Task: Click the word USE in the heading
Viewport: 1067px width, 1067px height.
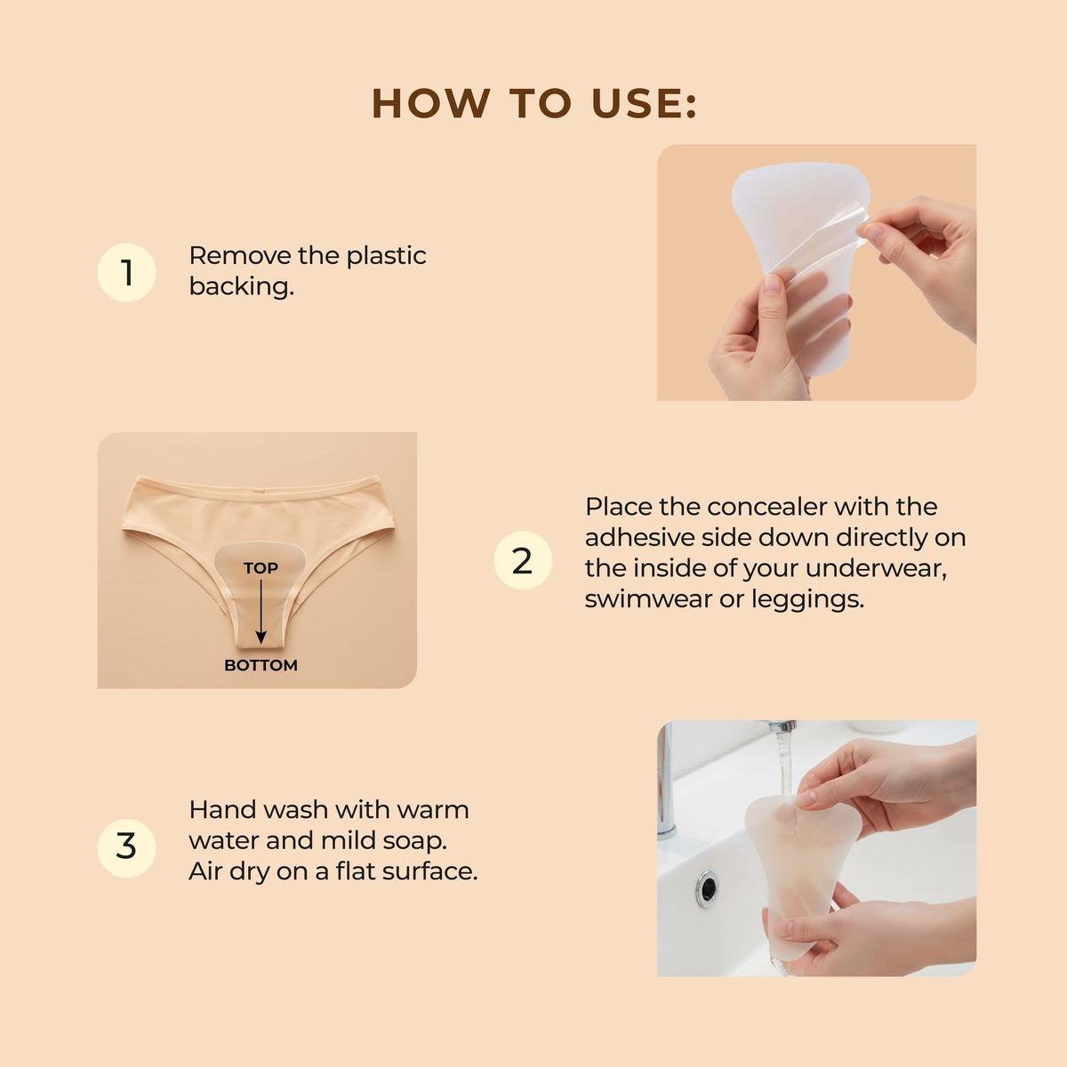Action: pyautogui.click(x=645, y=103)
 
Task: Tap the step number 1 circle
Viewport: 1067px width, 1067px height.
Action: pyautogui.click(x=127, y=272)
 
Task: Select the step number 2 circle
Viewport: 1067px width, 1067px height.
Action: pyautogui.click(x=523, y=560)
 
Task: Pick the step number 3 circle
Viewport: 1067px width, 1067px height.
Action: pyautogui.click(x=127, y=848)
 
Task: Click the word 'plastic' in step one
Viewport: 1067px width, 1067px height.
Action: pyautogui.click(x=387, y=256)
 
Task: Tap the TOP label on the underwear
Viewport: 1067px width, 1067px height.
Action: pyautogui.click(x=261, y=568)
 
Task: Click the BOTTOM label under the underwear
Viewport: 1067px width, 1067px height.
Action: pyautogui.click(x=261, y=665)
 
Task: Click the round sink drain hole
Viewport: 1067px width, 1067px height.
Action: pyautogui.click(x=708, y=889)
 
